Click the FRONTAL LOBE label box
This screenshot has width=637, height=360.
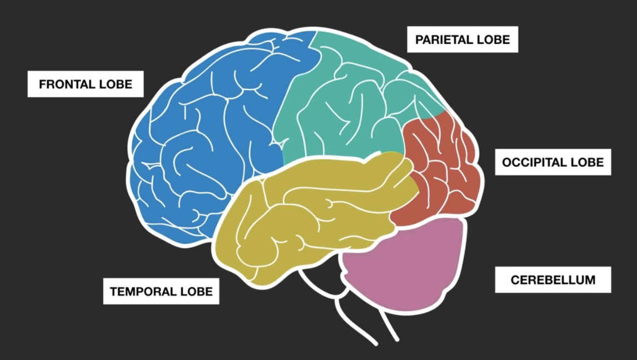pos(86,84)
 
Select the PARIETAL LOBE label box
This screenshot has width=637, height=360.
pos(462,40)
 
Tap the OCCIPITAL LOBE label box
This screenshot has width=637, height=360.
pos(553,162)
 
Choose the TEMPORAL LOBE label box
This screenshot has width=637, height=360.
pos(161,291)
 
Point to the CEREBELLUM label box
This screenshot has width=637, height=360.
pos(553,279)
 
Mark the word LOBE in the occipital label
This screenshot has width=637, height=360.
pos(589,162)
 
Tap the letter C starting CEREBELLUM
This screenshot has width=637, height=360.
pos(514,280)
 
